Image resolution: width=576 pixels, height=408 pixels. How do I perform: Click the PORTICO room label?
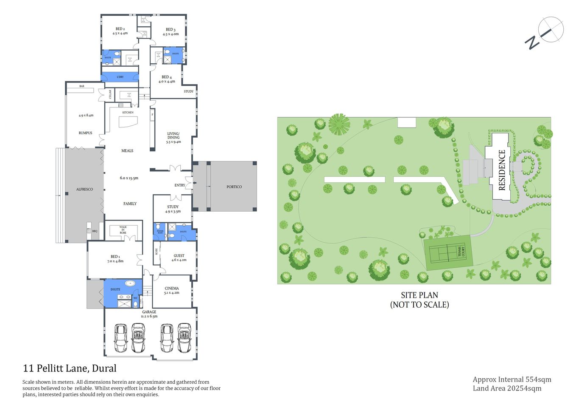click(x=234, y=187)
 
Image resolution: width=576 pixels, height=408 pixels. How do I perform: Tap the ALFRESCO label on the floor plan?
click(x=84, y=189)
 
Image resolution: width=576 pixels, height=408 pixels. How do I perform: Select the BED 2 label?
click(x=120, y=29)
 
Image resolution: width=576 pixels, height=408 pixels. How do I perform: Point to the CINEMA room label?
click(x=172, y=289)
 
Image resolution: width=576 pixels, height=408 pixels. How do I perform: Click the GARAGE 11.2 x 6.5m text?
click(x=149, y=314)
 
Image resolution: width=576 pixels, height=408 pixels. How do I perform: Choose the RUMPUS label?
click(x=85, y=133)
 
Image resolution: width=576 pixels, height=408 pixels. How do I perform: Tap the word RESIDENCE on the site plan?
click(x=502, y=170)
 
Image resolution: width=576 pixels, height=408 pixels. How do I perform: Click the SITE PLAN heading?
click(x=419, y=295)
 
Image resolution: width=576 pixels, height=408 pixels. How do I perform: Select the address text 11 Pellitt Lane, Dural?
click(x=70, y=368)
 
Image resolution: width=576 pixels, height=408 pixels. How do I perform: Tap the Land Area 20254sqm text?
click(x=507, y=388)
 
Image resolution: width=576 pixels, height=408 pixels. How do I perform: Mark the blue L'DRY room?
click(x=120, y=77)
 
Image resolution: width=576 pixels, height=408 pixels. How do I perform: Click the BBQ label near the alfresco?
click(x=95, y=231)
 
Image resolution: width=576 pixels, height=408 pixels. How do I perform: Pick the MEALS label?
click(x=127, y=151)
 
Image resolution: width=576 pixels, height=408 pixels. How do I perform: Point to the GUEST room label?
click(x=179, y=256)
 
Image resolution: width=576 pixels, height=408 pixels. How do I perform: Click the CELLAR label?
click(x=110, y=94)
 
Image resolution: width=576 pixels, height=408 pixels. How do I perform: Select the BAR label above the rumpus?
click(x=82, y=86)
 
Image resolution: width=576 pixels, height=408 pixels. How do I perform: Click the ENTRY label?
click(x=179, y=185)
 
